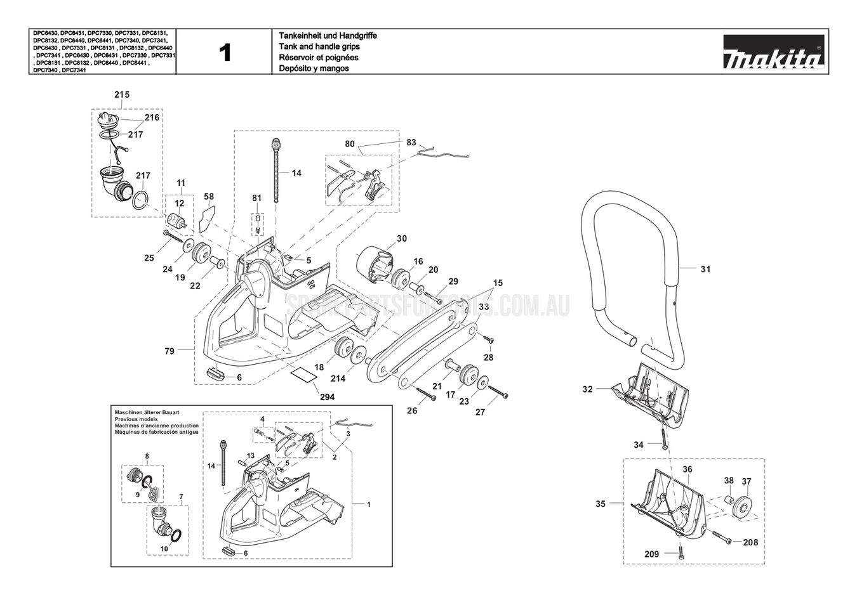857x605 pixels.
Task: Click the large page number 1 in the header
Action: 225,53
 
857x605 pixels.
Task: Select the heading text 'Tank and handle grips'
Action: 319,47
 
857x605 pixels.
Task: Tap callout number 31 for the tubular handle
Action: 705,269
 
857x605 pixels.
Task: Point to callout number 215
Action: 122,94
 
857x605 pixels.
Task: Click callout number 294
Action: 327,397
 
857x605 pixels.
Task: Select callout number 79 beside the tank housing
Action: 169,351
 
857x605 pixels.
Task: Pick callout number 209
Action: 651,554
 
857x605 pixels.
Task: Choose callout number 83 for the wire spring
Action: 411,142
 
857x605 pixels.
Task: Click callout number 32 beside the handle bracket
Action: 587,389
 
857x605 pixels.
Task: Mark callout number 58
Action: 209,197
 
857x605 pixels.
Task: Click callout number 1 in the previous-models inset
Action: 369,504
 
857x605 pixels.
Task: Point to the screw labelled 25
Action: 172,238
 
